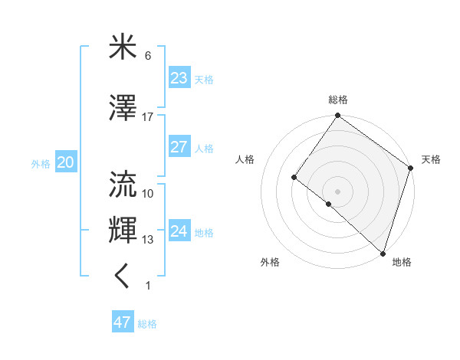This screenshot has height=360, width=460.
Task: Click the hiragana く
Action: [123, 277]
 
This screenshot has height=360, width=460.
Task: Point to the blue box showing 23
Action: [179, 78]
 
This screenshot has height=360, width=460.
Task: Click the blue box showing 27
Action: [179, 147]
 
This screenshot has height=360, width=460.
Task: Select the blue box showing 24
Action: [179, 231]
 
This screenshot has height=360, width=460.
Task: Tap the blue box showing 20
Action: [65, 162]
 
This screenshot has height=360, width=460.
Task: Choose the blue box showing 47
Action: [123, 322]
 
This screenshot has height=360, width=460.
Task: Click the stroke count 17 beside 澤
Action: [148, 116]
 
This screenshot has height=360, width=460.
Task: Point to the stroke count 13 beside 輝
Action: [148, 240]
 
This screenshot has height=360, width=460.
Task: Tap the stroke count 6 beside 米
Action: [148, 55]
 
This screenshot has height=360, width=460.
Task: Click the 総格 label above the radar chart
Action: [338, 100]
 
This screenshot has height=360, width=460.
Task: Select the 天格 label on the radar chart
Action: [431, 159]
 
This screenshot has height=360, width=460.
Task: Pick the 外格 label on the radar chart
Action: [270, 262]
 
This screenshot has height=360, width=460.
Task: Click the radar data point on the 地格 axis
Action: [382, 252]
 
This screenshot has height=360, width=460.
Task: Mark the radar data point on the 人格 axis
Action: [294, 177]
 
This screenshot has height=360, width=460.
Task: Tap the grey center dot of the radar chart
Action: [337, 191]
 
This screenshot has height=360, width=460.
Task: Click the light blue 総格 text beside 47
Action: [147, 324]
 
